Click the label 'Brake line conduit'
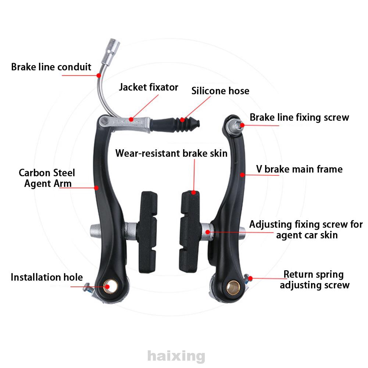pyautogui.click(x=51, y=67)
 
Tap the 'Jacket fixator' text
pyautogui.click(x=148, y=87)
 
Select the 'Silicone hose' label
pyautogui.click(x=220, y=91)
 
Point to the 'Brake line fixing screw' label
pyautogui.click(x=299, y=117)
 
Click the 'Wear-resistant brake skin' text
pyautogui.click(x=171, y=153)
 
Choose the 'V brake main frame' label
pyautogui.click(x=299, y=169)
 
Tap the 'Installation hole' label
pyautogui.click(x=47, y=277)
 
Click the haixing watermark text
pyautogui.click(x=176, y=356)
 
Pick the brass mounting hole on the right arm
pyautogui.click(x=232, y=285)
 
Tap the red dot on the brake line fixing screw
pyautogui.click(x=242, y=125)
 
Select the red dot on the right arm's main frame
pyautogui.click(x=242, y=175)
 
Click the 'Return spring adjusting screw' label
pyautogui.click(x=314, y=279)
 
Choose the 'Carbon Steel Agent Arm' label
pyautogui.click(x=47, y=178)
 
